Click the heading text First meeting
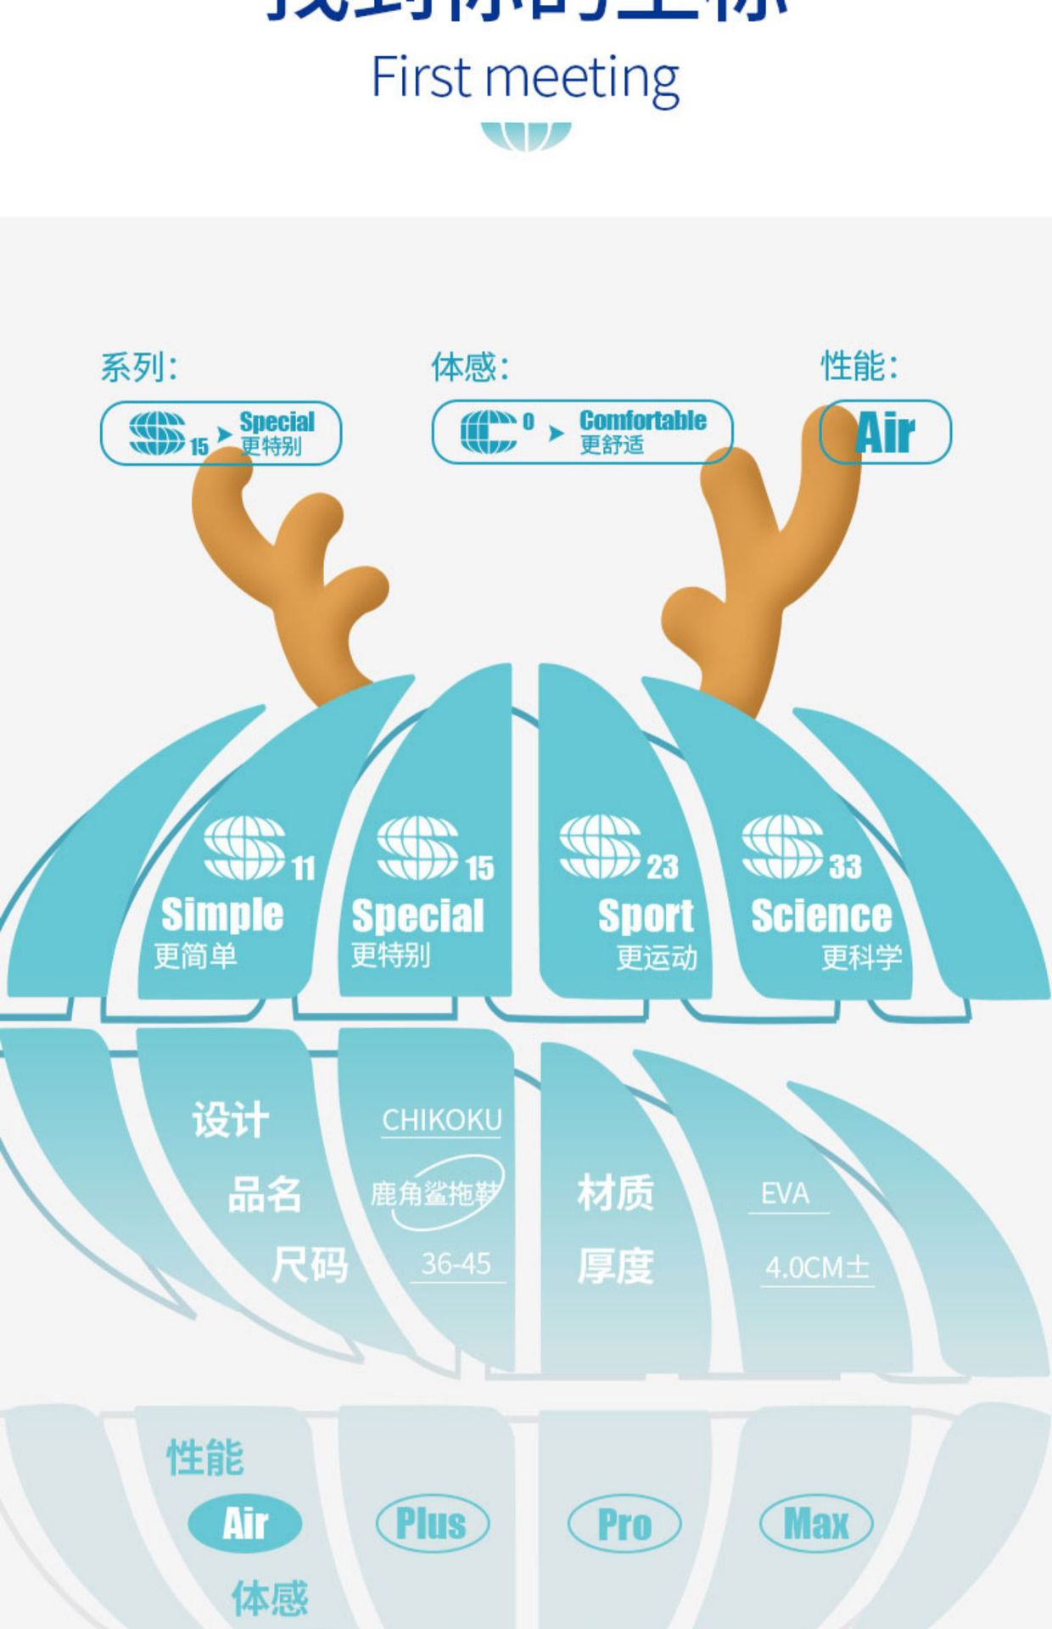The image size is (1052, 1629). pos(525,78)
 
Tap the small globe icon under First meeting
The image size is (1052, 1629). pos(526,136)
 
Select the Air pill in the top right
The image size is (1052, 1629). pos(885,433)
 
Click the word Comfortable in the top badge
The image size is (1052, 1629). pos(642,421)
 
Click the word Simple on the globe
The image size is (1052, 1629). pos(222,915)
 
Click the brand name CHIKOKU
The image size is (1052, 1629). pos(442,1120)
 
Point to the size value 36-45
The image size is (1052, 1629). pos(456,1264)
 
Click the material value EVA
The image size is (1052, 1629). pos(785,1194)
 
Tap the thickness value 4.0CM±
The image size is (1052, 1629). pos(817,1268)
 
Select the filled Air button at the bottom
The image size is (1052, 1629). pos(245,1523)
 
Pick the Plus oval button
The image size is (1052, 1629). pos(432,1523)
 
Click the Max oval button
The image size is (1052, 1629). pos(816,1524)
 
